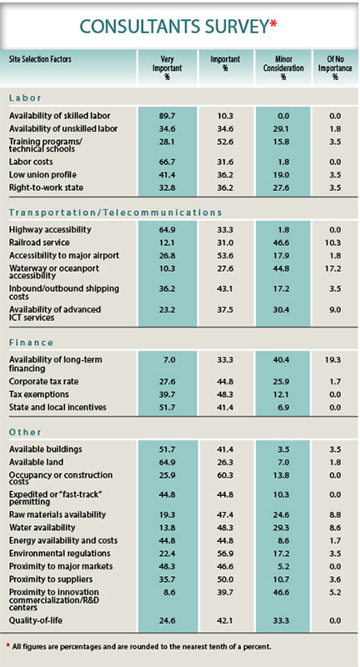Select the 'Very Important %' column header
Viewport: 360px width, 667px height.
[166, 64]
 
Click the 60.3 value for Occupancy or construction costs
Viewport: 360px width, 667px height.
[221, 474]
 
